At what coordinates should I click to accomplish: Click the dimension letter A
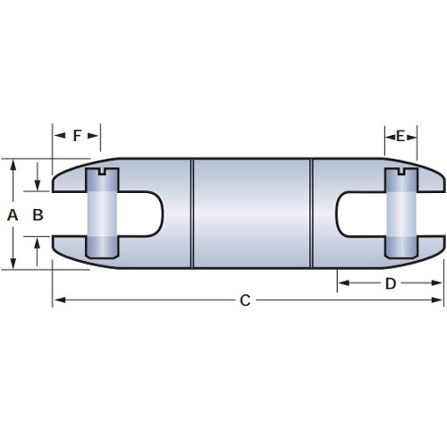click(12, 215)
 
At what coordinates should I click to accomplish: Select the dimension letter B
click(37, 215)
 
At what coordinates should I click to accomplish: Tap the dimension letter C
click(245, 301)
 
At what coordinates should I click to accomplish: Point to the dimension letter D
click(390, 283)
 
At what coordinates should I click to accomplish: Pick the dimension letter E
click(401, 136)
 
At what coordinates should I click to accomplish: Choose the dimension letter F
click(77, 136)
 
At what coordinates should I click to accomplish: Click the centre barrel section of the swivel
click(251, 215)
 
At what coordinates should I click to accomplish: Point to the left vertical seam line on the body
click(192, 215)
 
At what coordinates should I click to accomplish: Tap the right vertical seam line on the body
click(311, 215)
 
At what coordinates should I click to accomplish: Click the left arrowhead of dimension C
click(56, 301)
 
